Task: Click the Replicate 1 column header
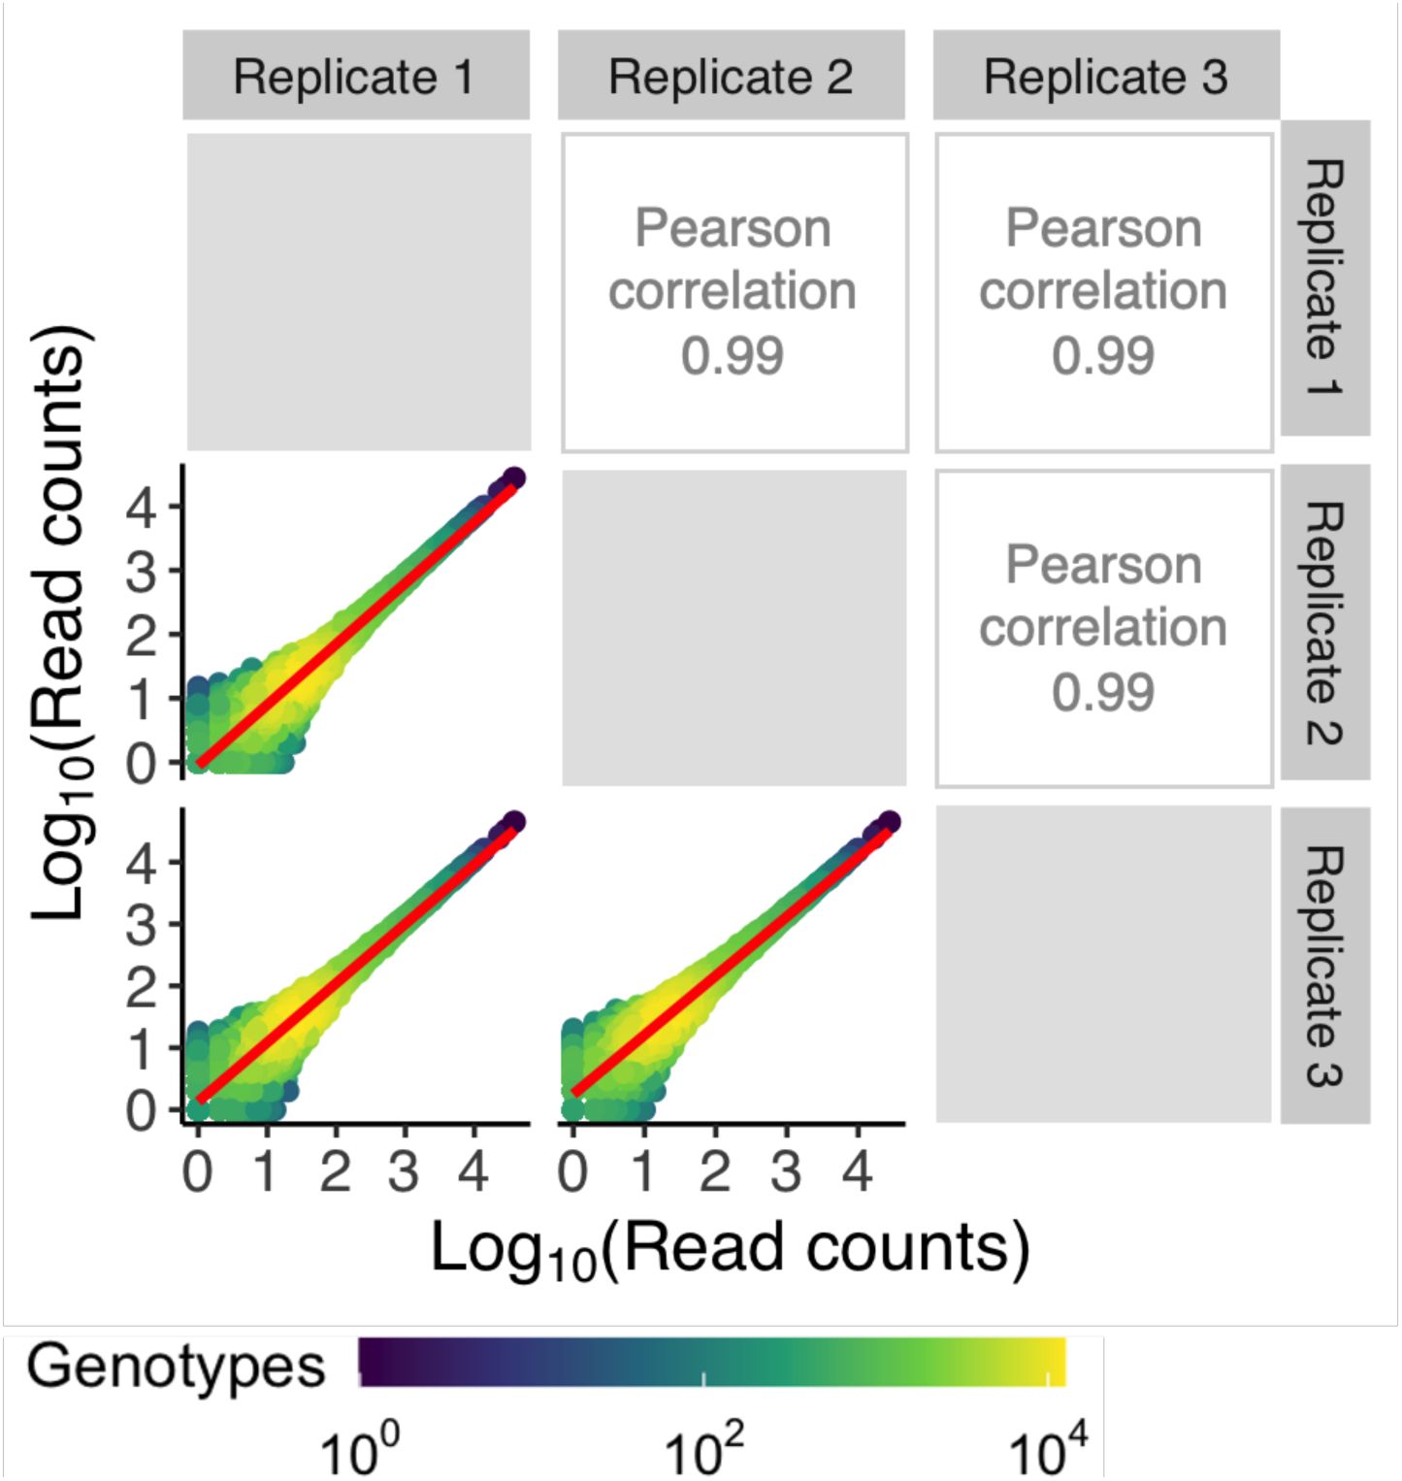coord(355,77)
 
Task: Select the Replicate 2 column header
coord(731,77)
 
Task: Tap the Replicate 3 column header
coord(1106,77)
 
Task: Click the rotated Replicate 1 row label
coord(1324,278)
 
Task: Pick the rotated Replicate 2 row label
coord(1324,623)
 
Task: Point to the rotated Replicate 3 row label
coord(1324,966)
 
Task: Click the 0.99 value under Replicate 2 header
coord(733,355)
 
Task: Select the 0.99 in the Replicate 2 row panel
coord(1103,692)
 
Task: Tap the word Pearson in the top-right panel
coord(1103,229)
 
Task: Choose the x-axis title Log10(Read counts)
coord(730,1249)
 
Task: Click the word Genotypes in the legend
coord(176,1366)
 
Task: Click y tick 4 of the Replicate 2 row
coord(142,507)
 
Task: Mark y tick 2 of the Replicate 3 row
coord(142,987)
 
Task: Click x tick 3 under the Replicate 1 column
coord(404,1172)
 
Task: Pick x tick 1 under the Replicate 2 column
coord(643,1172)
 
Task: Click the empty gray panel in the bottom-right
coord(1103,964)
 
